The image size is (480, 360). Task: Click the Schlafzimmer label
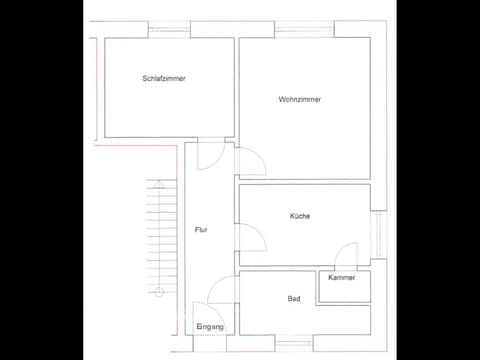tap(164, 79)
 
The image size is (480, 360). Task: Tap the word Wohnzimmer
tap(300, 98)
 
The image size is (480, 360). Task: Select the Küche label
tap(299, 216)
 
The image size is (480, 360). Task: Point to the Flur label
tap(200, 230)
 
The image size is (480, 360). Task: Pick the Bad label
tap(293, 299)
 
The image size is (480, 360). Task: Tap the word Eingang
tap(210, 327)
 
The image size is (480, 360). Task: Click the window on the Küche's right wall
tap(377, 240)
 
